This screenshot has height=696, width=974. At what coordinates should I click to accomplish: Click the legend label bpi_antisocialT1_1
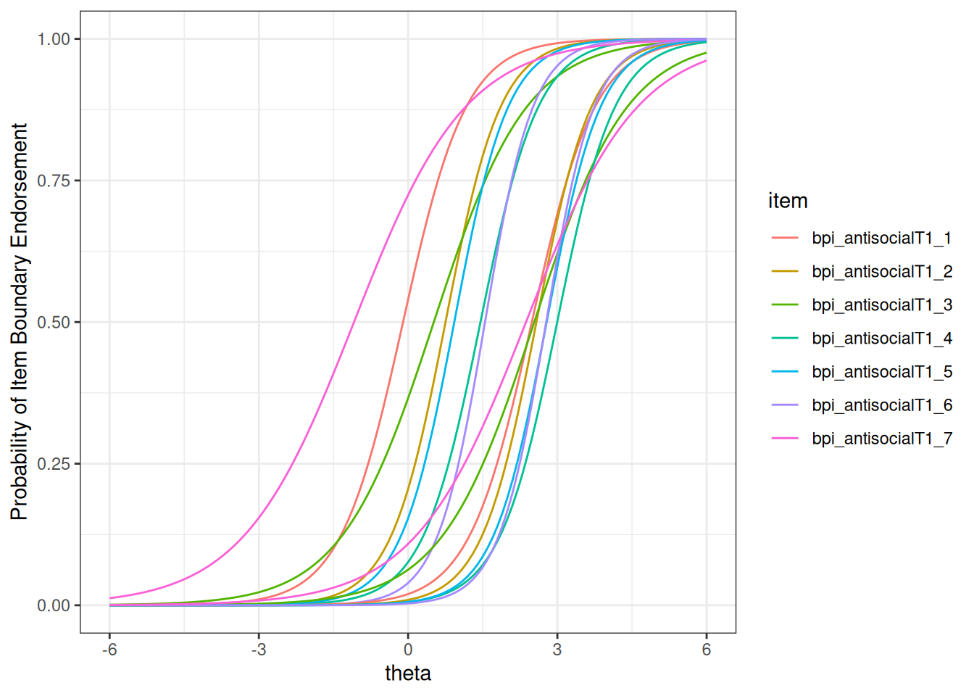pyautogui.click(x=881, y=238)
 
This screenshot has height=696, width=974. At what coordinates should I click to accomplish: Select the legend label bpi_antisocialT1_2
pyautogui.click(x=881, y=271)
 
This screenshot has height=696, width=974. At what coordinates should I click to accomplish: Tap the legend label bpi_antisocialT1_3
pyautogui.click(x=881, y=304)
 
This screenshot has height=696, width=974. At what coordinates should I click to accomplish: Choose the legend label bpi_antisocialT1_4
pyautogui.click(x=881, y=338)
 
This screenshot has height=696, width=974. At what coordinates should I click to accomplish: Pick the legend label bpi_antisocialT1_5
pyautogui.click(x=881, y=371)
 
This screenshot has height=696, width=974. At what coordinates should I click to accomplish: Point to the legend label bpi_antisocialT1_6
pyautogui.click(x=881, y=405)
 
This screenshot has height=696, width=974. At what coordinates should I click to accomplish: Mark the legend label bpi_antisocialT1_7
pyautogui.click(x=881, y=438)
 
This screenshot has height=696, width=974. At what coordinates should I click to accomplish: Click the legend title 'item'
pyautogui.click(x=788, y=201)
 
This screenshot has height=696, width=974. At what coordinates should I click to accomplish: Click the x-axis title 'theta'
pyautogui.click(x=408, y=674)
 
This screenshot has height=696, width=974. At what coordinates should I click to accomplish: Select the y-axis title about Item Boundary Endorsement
pyautogui.click(x=20, y=322)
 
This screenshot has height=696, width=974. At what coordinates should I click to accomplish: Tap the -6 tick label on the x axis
pyautogui.click(x=109, y=650)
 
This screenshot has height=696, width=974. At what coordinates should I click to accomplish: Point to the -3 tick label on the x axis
pyautogui.click(x=259, y=650)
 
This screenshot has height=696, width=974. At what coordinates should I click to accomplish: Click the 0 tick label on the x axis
pyautogui.click(x=408, y=650)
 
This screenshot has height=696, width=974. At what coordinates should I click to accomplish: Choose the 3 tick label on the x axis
pyautogui.click(x=557, y=650)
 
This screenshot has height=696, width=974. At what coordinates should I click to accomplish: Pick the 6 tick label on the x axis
pyautogui.click(x=707, y=650)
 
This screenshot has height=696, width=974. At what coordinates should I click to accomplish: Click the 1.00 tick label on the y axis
pyautogui.click(x=54, y=39)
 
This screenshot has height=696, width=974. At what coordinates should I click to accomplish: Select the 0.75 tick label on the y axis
pyautogui.click(x=54, y=181)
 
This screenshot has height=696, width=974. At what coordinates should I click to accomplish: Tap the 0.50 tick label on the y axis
pyautogui.click(x=54, y=322)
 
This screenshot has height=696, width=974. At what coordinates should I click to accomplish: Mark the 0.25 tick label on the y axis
pyautogui.click(x=54, y=464)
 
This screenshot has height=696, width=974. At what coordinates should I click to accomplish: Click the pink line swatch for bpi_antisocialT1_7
pyautogui.click(x=785, y=438)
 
